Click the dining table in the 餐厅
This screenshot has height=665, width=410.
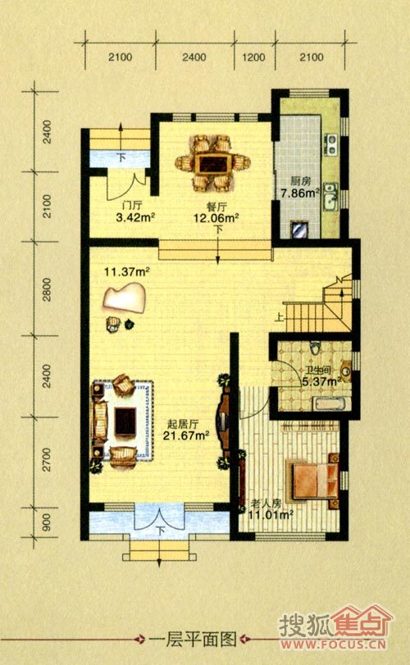click(213, 162)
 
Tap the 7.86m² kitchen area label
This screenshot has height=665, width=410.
click(300, 194)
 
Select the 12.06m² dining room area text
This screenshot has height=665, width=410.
click(216, 218)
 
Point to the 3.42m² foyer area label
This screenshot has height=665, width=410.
click(134, 218)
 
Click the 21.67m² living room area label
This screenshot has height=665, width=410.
click(185, 435)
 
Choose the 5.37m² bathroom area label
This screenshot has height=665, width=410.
click(321, 381)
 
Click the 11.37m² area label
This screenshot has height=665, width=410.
click(127, 272)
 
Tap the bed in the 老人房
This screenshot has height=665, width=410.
click(313, 481)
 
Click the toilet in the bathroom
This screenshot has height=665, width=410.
click(315, 348)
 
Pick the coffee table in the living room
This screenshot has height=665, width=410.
click(125, 421)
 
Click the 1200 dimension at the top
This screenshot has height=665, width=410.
click(253, 57)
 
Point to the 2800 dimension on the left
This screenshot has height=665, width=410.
click(47, 289)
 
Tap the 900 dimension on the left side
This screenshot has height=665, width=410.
click(47, 522)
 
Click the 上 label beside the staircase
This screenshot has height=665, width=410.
click(278, 317)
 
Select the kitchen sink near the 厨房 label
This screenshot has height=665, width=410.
click(330, 196)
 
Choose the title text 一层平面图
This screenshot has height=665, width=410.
click(194, 639)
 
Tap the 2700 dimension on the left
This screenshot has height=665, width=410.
click(47, 459)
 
